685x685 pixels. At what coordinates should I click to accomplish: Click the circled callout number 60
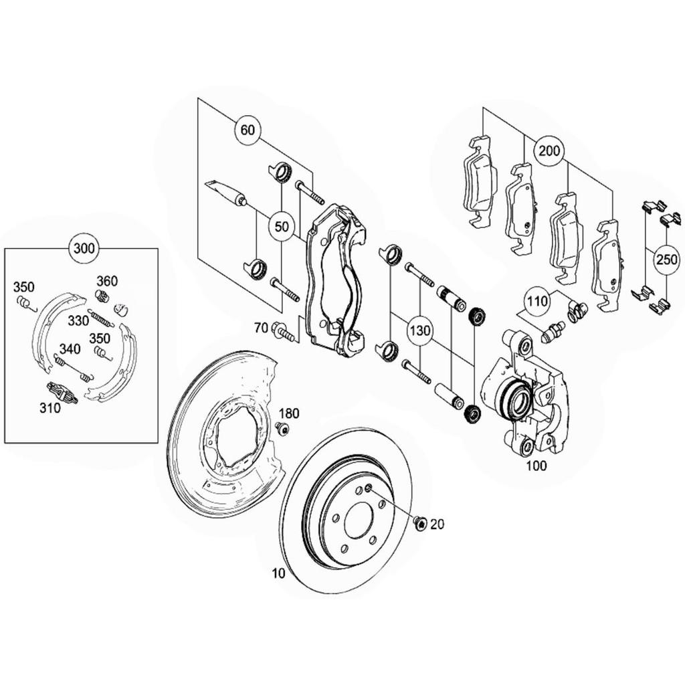coord(248,130)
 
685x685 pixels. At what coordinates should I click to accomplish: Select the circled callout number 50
coord(282,226)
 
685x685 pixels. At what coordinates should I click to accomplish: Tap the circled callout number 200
coord(549,151)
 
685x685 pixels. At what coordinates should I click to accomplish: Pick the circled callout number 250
coord(667,260)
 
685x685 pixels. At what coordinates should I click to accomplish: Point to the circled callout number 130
coord(420,330)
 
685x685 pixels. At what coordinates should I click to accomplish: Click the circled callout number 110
coord(537,301)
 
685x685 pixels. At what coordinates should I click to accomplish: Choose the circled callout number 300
coord(84,249)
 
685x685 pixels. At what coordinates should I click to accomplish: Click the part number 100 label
coord(536,466)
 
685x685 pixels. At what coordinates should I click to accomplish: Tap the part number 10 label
coord(278,573)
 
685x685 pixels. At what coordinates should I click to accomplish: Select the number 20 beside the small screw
coord(437,524)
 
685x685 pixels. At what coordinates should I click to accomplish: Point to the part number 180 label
coord(289,413)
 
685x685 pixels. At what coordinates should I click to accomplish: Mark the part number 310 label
coord(50,409)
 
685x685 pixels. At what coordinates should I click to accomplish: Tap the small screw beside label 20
coord(420,523)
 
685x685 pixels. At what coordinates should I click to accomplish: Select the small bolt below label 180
coord(283,429)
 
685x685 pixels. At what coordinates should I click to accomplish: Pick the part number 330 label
coord(78,320)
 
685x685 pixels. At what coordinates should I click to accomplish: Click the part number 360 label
coord(107,281)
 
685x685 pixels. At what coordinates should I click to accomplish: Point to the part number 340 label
coord(70,349)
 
